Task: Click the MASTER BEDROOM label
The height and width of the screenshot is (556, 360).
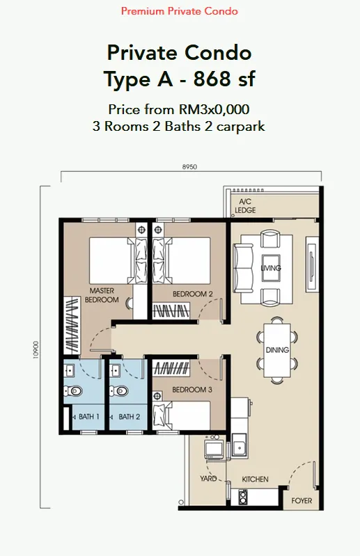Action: [102, 295]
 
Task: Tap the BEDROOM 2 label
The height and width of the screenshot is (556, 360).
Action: [193, 294]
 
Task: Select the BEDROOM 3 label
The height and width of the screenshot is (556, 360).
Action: [192, 390]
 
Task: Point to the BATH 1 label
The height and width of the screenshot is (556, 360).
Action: [88, 417]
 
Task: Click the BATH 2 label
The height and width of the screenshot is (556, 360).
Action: [129, 417]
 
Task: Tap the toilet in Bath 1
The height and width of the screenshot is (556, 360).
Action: [73, 391]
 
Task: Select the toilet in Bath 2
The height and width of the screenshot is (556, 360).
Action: [119, 391]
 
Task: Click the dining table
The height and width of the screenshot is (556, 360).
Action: [277, 350]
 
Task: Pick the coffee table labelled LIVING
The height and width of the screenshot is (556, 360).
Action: [271, 268]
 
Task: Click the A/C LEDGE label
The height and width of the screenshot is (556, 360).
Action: [245, 206]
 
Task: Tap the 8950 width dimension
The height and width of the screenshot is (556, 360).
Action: [189, 166]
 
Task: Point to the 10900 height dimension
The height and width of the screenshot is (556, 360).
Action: [36, 350]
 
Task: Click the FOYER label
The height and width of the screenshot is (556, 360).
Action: [302, 501]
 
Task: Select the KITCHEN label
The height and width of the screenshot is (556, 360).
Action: [255, 479]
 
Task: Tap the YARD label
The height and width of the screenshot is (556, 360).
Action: [208, 479]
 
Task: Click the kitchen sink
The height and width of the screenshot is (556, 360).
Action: [240, 445]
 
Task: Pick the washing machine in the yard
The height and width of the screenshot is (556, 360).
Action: [214, 449]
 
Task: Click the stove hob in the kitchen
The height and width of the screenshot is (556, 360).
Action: [243, 496]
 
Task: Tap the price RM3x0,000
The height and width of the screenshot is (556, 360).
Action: [214, 109]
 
